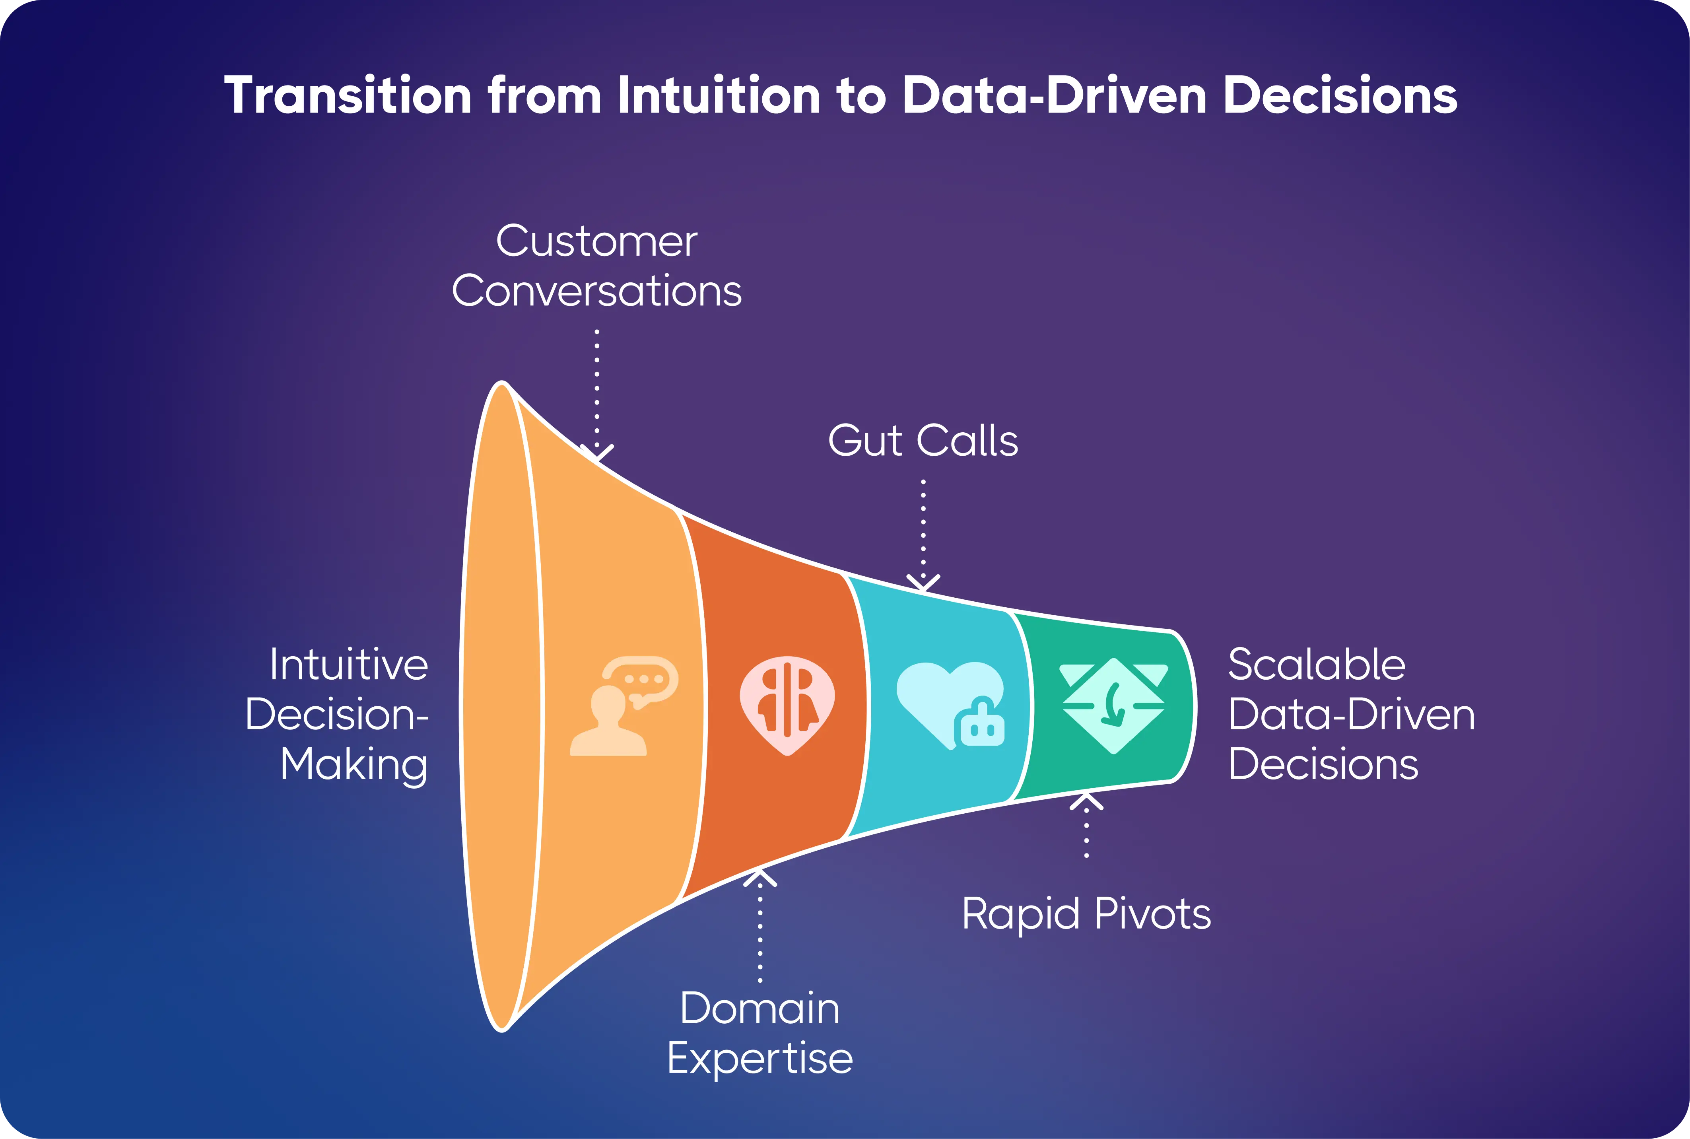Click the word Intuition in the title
tap(719, 96)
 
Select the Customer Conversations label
tap(596, 266)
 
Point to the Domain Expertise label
tap(760, 1032)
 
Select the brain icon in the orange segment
tap(787, 705)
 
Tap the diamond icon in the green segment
tap(1113, 705)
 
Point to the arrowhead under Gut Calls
tap(923, 583)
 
